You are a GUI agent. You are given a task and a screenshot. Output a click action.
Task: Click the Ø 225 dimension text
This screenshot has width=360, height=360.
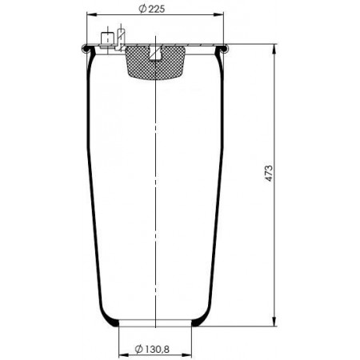[x=152, y=9]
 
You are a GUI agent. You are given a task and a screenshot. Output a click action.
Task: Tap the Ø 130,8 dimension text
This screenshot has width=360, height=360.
[x=152, y=349]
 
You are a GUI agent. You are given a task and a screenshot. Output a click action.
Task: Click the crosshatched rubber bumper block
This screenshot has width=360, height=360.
[x=155, y=63]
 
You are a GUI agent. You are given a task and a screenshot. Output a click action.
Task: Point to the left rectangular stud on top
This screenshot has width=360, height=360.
[x=107, y=40]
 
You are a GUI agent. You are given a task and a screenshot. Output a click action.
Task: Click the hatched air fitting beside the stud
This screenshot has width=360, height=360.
[x=121, y=39]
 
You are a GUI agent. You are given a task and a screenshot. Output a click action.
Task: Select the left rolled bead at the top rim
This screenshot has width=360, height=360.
[x=86, y=49]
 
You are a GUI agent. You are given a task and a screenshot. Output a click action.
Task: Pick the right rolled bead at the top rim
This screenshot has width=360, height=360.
[x=225, y=49]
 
